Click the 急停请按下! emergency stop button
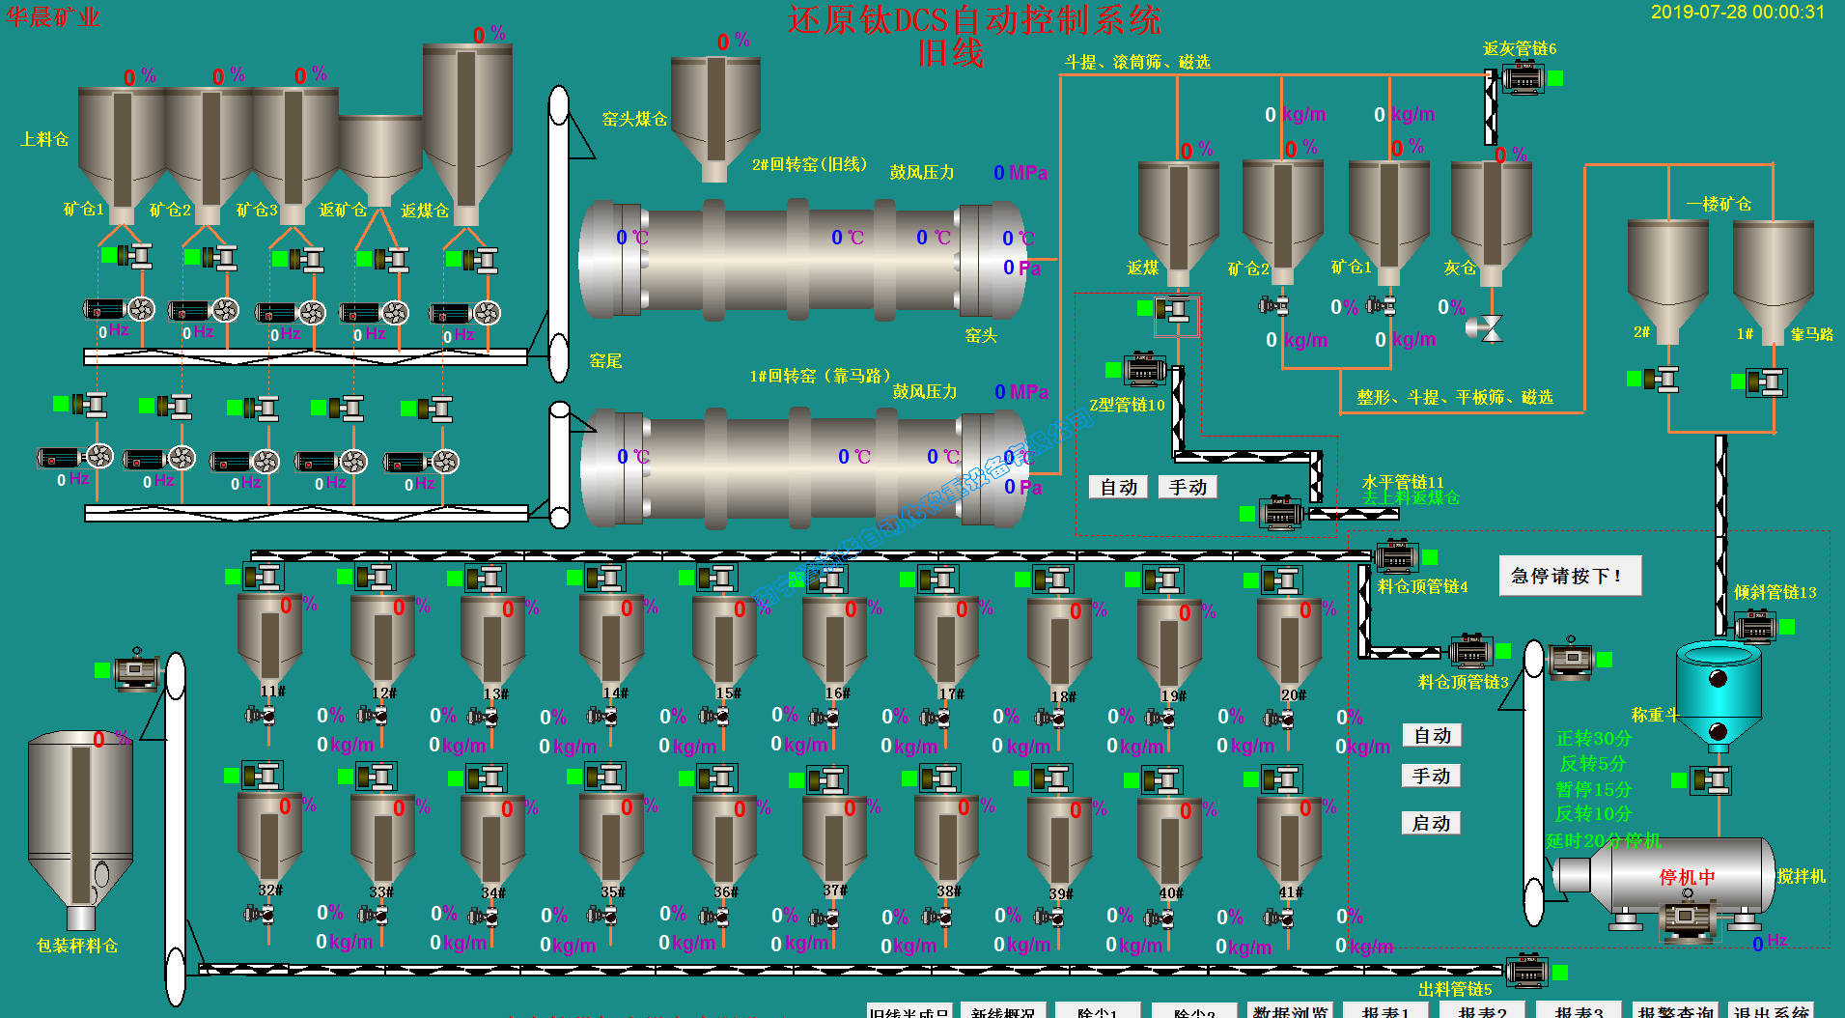pos(1569,577)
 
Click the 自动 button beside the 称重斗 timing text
pos(1432,736)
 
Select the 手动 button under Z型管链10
pos(1188,487)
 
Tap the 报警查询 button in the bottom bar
pos(1675,1010)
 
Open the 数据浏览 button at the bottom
pos(1290,1010)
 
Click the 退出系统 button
pos(1771,1010)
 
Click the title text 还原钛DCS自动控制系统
pos(973,19)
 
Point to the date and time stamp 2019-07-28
pos(1737,13)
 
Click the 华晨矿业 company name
pos(53,17)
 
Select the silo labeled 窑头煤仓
pos(715,111)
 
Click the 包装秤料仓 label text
pos(77,946)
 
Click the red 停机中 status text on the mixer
pos(1687,877)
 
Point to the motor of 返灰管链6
pos(1523,77)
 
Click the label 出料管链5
pos(1455,989)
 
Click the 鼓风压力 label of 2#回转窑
pos(921,173)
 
